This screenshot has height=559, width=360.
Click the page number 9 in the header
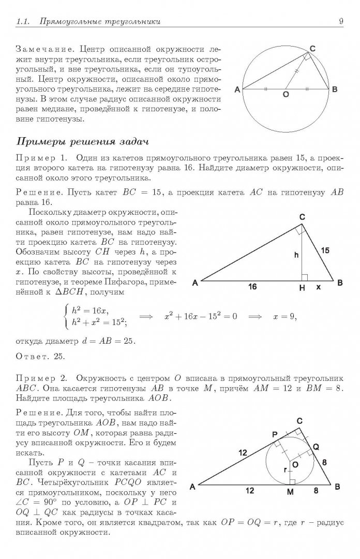(x=341, y=21)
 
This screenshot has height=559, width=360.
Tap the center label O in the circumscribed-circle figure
(x=285, y=95)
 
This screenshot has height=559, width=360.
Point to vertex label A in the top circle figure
(x=237, y=90)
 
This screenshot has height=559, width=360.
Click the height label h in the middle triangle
(x=297, y=255)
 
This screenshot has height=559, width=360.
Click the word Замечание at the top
(x=39, y=50)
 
